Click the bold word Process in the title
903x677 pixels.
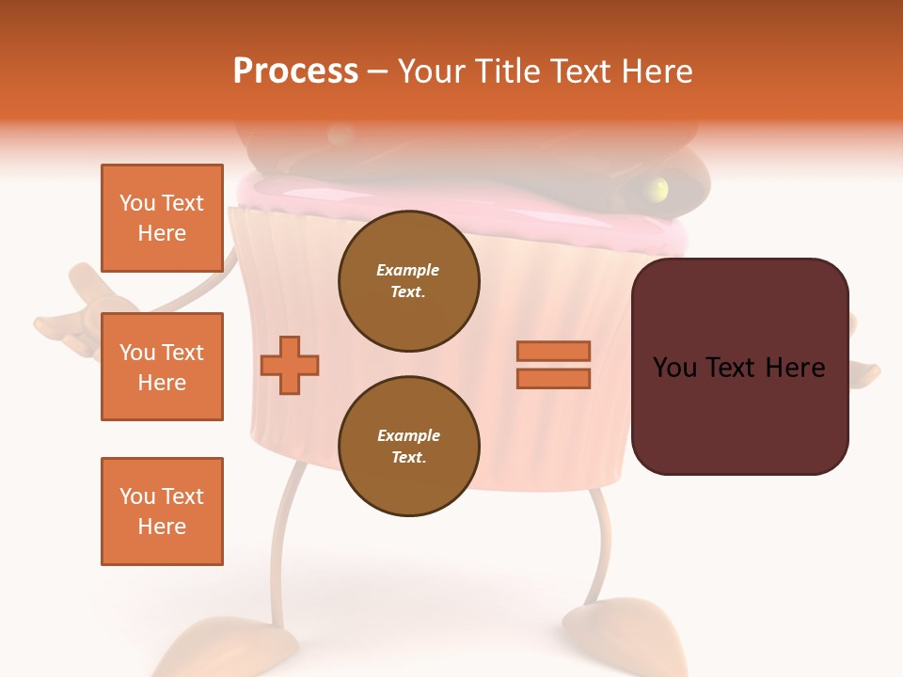pyautogui.click(x=295, y=71)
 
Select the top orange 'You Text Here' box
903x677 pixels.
pyautogui.click(x=162, y=218)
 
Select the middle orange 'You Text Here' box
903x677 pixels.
pyautogui.click(x=162, y=367)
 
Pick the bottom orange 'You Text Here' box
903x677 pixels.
pyautogui.click(x=162, y=511)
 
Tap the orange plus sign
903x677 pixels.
pyautogui.click(x=290, y=364)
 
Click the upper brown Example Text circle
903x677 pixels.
pyautogui.click(x=409, y=281)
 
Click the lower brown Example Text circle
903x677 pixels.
pyautogui.click(x=409, y=447)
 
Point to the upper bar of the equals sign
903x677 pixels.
pyautogui.click(x=553, y=352)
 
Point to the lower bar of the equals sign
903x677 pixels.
pyautogui.click(x=553, y=379)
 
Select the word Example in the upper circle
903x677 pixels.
pyautogui.click(x=408, y=270)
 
